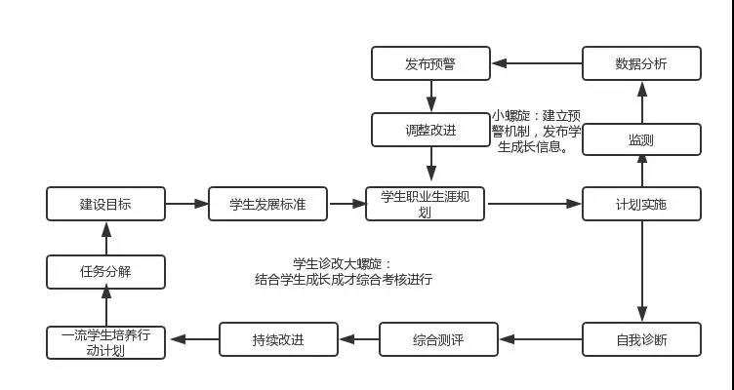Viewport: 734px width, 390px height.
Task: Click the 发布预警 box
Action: point(430,64)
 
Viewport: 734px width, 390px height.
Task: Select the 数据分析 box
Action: point(641,64)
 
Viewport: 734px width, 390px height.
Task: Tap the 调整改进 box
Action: point(430,130)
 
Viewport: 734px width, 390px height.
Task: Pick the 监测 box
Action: point(641,139)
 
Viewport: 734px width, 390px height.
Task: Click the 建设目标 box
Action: point(105,204)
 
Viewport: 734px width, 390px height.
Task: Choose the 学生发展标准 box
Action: point(267,204)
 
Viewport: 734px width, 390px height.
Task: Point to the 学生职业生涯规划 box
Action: point(425,204)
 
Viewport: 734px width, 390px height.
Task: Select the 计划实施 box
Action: point(641,204)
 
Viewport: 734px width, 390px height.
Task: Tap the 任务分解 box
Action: point(105,271)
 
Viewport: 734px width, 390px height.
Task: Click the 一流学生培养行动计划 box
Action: point(105,341)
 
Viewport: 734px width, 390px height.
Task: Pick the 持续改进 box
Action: point(277,340)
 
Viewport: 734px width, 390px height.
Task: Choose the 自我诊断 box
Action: point(641,340)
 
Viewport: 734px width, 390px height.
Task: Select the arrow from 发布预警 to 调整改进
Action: point(430,97)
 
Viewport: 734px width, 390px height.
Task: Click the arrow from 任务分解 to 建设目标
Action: point(105,237)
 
